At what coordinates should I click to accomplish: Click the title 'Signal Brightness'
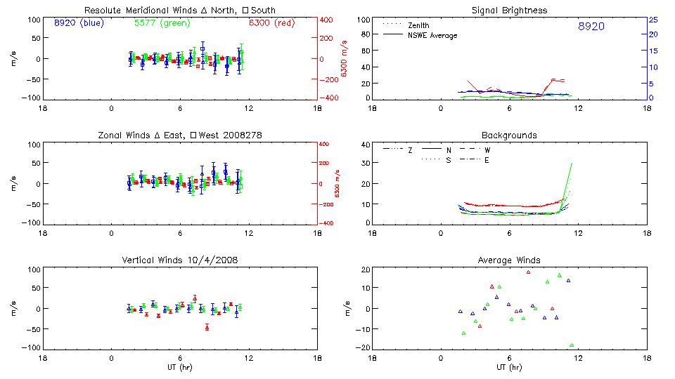[510, 11]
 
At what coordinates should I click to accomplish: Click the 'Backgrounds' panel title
[510, 135]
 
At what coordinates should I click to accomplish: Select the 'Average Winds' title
[510, 260]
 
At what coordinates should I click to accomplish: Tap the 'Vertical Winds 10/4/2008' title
[181, 260]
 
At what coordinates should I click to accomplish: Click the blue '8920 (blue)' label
[78, 23]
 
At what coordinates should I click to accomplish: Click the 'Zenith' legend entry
[419, 25]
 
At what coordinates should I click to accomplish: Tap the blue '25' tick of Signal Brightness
[652, 20]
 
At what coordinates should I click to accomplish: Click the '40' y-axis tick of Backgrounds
[365, 145]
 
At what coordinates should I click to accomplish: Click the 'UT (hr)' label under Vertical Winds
[181, 367]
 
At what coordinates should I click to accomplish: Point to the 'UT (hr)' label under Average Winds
[510, 367]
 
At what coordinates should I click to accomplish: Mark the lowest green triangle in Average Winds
[572, 345]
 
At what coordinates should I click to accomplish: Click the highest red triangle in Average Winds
[528, 272]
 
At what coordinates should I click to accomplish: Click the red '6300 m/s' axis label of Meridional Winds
[345, 58]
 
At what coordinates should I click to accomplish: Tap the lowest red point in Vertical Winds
[207, 327]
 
